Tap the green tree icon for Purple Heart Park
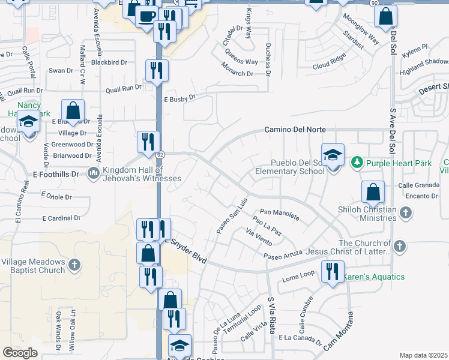click(357, 162)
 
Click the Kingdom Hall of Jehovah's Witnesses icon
click(93, 173)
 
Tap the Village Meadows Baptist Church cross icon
click(74, 265)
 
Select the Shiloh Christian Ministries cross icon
click(405, 213)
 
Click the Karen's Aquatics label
click(373, 277)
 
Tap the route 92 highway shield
click(161, 154)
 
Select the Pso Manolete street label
click(279, 212)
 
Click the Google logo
click(20, 352)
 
